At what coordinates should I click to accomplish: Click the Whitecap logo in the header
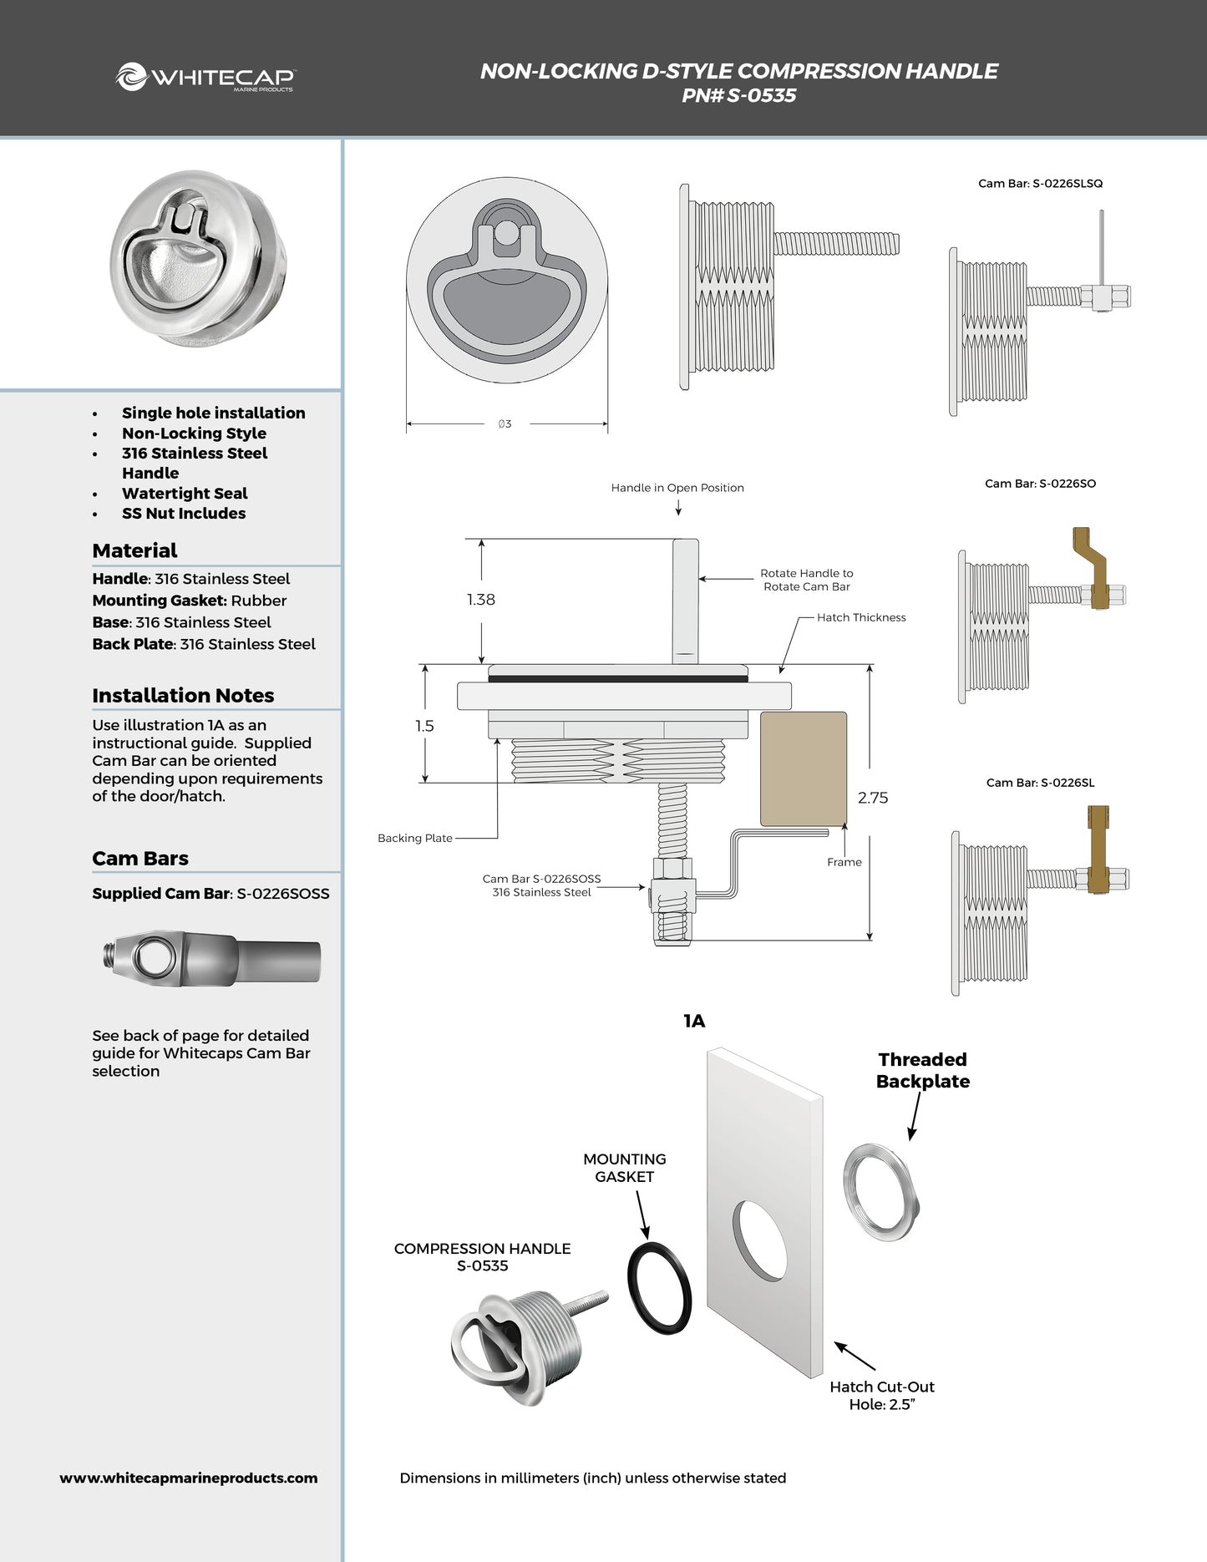[205, 78]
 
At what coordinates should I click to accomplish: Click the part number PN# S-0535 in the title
[738, 96]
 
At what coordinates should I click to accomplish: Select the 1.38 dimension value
[481, 600]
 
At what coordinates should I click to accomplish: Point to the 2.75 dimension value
[873, 798]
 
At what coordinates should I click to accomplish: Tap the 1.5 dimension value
[424, 726]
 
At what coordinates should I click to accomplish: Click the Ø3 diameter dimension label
[505, 424]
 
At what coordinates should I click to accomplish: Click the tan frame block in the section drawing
[803, 768]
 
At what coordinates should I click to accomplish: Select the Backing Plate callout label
[415, 838]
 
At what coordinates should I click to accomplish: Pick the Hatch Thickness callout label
[861, 617]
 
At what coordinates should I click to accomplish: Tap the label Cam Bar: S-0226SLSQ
[1040, 184]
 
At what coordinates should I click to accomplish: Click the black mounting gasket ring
[659, 1288]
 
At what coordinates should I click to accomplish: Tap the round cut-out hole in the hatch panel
[759, 1240]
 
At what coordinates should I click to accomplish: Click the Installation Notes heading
[183, 696]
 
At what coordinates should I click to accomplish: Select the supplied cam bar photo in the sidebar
[214, 959]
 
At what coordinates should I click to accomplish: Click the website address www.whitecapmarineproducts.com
[189, 1478]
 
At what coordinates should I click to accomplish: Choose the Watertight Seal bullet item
[185, 494]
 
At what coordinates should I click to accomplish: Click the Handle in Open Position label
[677, 488]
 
